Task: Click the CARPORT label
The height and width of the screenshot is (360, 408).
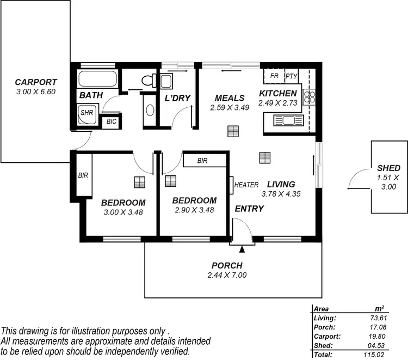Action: [36, 83]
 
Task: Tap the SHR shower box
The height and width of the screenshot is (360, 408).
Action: [86, 113]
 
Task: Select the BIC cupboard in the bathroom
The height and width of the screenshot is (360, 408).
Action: [112, 121]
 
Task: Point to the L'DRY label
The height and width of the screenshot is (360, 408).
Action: [177, 98]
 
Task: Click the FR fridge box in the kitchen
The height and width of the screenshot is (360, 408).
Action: [275, 76]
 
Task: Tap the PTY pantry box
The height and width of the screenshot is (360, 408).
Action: [292, 76]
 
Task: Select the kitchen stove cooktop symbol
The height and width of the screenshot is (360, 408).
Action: [310, 96]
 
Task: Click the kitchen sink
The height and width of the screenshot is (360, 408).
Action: [285, 120]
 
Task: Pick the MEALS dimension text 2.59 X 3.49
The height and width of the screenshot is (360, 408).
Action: [230, 108]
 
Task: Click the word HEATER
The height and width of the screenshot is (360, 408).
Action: [246, 185]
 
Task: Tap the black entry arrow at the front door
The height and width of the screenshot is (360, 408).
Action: [242, 249]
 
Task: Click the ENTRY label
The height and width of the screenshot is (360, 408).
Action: [249, 209]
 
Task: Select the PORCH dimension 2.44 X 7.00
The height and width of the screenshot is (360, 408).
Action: [227, 275]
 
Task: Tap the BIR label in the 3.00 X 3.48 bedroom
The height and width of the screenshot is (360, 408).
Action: [83, 175]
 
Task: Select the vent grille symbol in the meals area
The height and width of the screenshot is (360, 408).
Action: [233, 131]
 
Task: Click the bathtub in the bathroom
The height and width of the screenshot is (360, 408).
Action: [97, 79]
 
